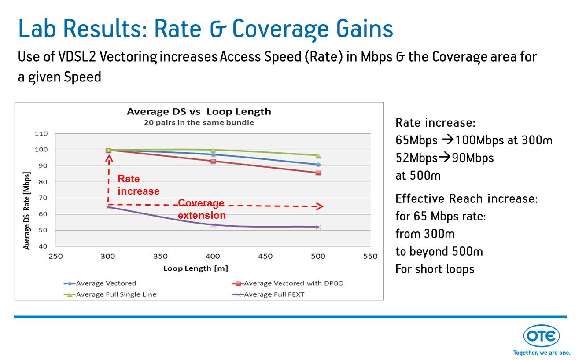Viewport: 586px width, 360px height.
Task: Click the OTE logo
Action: tap(541, 337)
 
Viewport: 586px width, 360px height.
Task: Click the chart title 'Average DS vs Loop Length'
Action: tap(199, 111)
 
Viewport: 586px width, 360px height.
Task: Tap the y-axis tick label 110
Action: tap(41, 133)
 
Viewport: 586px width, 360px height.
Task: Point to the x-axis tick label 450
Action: tap(265, 256)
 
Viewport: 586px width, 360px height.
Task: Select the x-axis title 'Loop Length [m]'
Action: tap(195, 268)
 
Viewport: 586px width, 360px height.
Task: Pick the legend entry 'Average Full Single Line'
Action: tap(116, 294)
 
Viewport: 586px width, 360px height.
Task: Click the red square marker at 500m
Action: tap(318, 173)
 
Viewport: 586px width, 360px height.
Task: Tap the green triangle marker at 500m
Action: tap(318, 155)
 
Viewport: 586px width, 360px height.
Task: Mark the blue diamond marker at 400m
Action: tap(213, 154)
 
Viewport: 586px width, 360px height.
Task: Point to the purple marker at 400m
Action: tap(213, 225)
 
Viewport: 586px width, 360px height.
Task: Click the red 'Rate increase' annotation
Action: tap(138, 185)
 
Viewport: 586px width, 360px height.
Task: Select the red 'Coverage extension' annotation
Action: tap(202, 209)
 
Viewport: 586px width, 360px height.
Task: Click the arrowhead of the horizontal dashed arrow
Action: tap(320, 206)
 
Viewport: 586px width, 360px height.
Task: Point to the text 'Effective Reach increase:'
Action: tap(466, 198)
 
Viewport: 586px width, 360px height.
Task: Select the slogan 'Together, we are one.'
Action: tap(542, 353)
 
